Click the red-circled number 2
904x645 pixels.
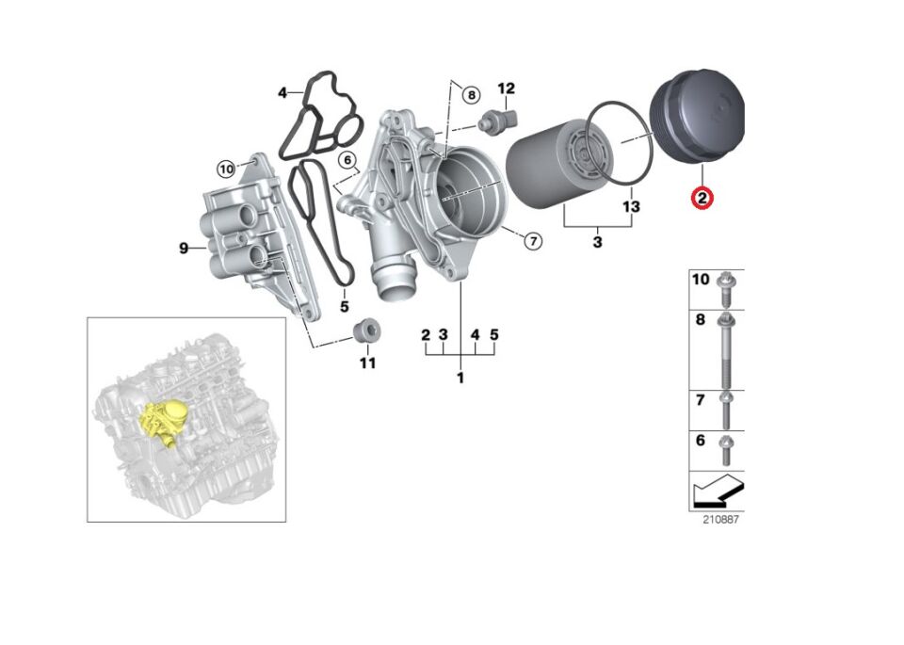coord(702,198)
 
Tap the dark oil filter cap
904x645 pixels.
coord(698,121)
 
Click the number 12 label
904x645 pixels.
coord(506,89)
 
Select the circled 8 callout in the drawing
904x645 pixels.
coord(471,94)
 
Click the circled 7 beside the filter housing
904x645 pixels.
coord(532,241)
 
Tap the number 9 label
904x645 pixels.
coord(185,248)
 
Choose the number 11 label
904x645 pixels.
coord(367,363)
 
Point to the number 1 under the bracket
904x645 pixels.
coord(460,378)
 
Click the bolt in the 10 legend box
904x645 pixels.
coord(726,288)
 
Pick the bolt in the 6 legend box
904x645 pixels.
coord(726,449)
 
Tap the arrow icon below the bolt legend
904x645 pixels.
coord(717,491)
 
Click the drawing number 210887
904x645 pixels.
coord(719,520)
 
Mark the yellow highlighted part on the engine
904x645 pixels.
coord(160,419)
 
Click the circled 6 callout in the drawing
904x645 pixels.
coord(346,160)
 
